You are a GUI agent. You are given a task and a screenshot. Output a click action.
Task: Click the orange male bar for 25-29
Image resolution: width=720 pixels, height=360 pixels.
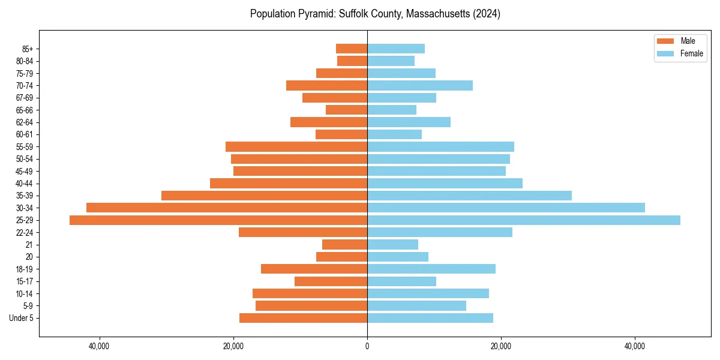pos(218,220)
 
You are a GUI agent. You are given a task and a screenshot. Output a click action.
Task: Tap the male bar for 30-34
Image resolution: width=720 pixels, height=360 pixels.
pos(227,208)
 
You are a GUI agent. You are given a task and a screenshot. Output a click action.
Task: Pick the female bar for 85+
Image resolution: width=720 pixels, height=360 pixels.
pos(396,49)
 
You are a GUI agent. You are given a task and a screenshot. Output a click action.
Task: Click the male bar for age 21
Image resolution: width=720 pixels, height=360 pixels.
pos(344,245)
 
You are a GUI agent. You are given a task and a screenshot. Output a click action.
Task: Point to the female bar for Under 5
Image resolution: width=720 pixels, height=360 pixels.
pos(430,318)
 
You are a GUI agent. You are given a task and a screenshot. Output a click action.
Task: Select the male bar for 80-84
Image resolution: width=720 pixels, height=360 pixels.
pos(352,61)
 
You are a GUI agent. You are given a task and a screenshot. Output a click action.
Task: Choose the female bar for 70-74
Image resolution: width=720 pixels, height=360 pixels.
pos(420,85)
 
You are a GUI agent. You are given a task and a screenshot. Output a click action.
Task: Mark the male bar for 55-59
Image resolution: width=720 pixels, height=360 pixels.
pos(296,146)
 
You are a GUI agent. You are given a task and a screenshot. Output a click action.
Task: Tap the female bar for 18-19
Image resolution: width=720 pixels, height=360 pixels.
pos(431,269)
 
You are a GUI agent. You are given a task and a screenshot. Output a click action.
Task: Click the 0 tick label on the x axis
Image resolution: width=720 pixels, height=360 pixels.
pos(367,346)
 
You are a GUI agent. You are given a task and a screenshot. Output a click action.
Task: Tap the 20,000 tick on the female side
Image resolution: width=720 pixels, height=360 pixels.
pos(501,346)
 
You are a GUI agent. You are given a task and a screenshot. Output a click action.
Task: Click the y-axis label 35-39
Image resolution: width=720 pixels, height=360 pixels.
pos(25,196)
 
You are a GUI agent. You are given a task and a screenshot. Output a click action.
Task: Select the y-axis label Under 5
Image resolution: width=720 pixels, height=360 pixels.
pos(22,318)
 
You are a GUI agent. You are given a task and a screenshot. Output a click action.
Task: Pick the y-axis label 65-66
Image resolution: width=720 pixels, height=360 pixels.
pos(25,110)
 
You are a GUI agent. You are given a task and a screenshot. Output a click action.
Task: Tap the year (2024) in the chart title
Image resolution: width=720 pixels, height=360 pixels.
pos(487,14)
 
